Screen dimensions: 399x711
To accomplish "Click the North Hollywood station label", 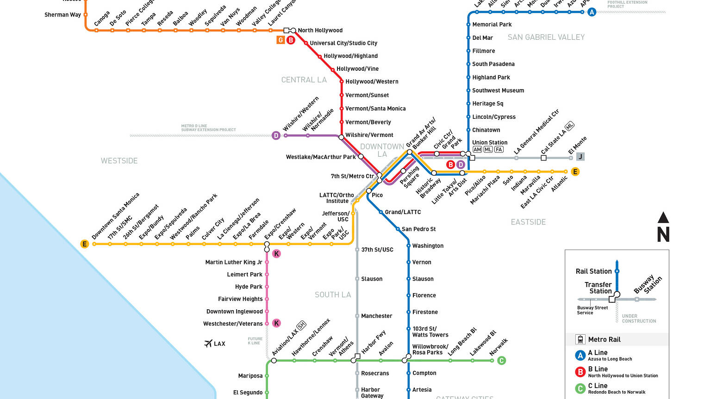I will [x=320, y=31].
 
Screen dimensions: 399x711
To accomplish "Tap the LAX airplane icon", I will [x=208, y=344].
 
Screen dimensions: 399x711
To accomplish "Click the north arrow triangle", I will [x=663, y=217].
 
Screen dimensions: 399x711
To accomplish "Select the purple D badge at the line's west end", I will [x=276, y=135].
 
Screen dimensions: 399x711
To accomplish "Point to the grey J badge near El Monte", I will [x=580, y=156].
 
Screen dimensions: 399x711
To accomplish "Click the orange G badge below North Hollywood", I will [x=281, y=40].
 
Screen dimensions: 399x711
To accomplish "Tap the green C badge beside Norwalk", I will [x=501, y=361].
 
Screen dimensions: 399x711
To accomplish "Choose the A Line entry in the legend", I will [x=598, y=353].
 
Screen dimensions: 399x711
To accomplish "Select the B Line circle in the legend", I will [x=580, y=372].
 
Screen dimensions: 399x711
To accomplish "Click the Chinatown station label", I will [x=486, y=130].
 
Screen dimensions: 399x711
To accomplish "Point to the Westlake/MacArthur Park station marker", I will [x=361, y=157].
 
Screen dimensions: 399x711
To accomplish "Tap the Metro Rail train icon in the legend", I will [x=580, y=339].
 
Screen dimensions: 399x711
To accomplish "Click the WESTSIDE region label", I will [x=119, y=161].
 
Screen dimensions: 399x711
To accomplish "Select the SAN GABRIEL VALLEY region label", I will [x=546, y=37].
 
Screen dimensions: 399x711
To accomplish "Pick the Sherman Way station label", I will [x=62, y=15].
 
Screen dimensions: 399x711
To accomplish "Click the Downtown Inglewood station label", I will [x=234, y=312].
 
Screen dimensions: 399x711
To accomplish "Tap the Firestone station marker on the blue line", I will [x=408, y=312].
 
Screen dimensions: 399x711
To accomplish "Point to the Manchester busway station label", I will [x=376, y=316].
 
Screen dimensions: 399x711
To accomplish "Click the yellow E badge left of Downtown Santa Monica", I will [x=84, y=244].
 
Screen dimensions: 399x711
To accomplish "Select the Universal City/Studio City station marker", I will [x=306, y=43].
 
